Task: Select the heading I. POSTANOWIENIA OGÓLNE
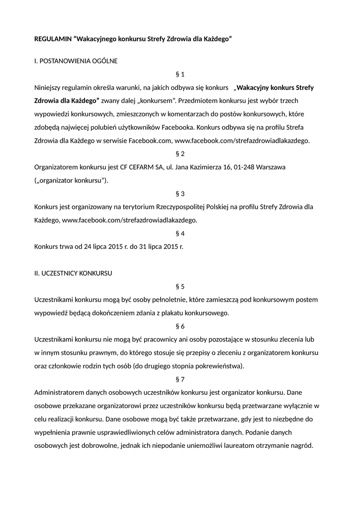76,61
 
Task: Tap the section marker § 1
180,75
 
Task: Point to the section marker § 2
180,154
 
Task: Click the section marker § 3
180,193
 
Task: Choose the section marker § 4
180,233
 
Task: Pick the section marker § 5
180,286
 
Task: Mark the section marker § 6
180,326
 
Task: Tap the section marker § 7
180,379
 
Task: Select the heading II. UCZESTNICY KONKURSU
73,273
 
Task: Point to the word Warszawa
271,167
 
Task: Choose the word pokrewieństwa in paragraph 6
218,366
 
